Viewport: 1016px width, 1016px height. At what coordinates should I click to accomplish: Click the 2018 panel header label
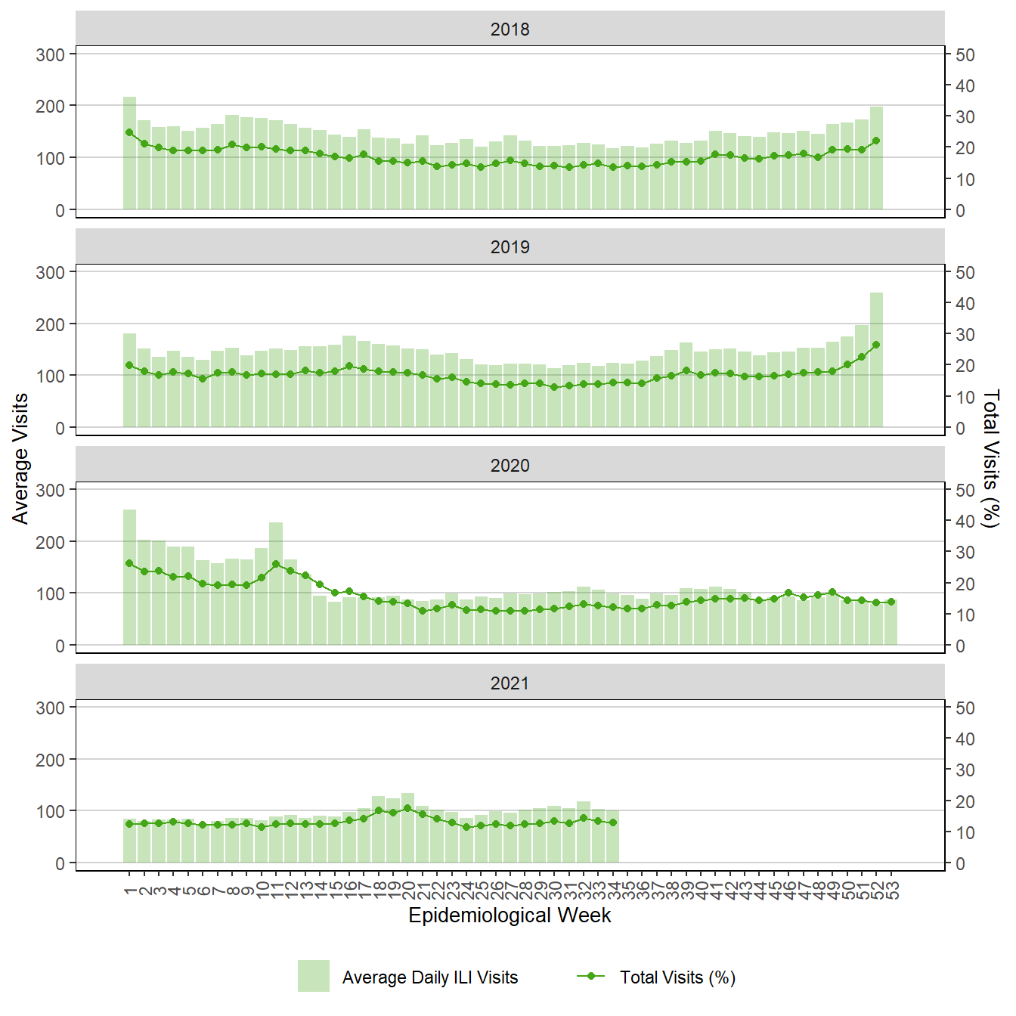[x=510, y=29]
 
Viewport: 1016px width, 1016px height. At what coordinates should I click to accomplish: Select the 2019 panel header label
[x=510, y=247]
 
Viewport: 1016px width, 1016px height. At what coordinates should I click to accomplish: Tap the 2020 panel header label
[x=510, y=466]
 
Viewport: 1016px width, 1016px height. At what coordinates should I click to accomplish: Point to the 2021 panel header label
[x=510, y=683]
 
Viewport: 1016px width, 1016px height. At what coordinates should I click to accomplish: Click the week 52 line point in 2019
[x=876, y=345]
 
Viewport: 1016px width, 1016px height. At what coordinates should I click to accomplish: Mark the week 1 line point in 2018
[x=129, y=132]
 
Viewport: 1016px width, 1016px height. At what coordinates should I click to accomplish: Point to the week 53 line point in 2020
[x=891, y=602]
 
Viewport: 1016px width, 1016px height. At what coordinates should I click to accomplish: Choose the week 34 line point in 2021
[x=613, y=822]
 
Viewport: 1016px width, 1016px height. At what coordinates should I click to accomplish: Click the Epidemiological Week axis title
[x=510, y=915]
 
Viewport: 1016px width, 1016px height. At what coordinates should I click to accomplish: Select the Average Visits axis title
[x=20, y=458]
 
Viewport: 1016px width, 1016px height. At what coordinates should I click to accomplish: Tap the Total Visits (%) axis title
[x=991, y=458]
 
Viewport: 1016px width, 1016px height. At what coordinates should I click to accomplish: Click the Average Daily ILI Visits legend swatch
[x=313, y=976]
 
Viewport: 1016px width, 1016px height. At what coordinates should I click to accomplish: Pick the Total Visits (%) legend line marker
[x=590, y=976]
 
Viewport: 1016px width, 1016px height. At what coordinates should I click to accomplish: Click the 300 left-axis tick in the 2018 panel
[x=51, y=54]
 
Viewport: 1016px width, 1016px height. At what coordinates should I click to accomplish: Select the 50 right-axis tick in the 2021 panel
[x=965, y=708]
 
